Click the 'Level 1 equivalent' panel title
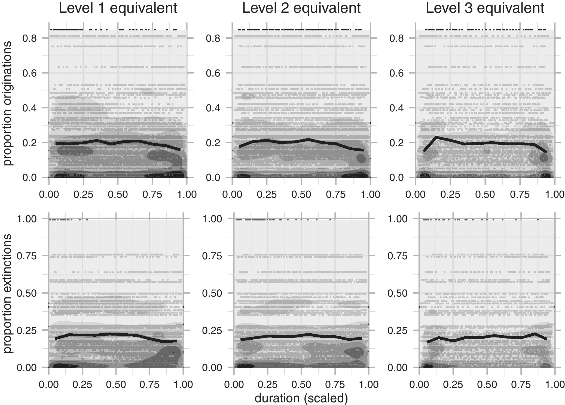(x=118, y=8)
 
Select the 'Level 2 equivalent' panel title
(x=301, y=8)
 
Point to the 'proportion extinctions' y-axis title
(x=8, y=293)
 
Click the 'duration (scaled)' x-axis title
(x=301, y=398)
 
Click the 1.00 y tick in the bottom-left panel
(x=27, y=219)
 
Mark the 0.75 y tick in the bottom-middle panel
(x=212, y=256)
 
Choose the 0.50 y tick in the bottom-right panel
(x=397, y=293)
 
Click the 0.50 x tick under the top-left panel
(x=118, y=194)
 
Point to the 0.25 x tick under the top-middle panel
(x=267, y=194)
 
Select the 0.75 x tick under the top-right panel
(x=520, y=194)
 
